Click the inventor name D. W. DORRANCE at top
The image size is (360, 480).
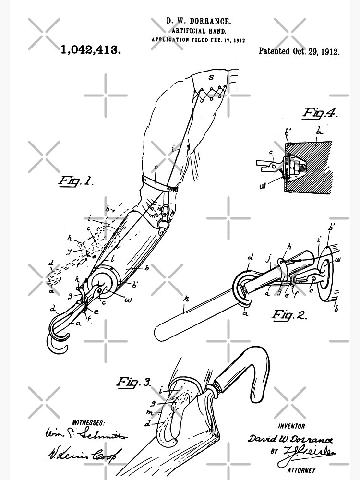click(x=198, y=22)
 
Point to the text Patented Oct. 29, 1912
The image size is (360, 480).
click(x=299, y=51)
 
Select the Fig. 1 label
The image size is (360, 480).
click(x=75, y=181)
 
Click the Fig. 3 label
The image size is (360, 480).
click(x=134, y=382)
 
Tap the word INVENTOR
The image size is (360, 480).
click(x=292, y=426)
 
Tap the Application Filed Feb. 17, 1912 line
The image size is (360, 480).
click(x=199, y=41)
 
